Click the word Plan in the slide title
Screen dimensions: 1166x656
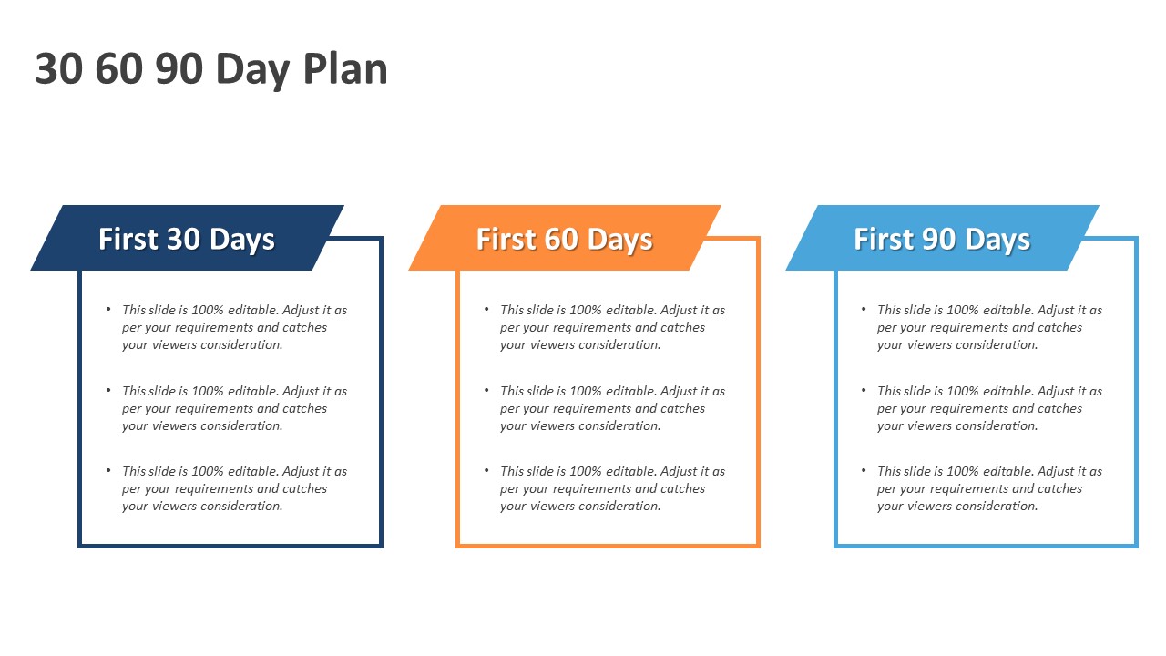point(345,68)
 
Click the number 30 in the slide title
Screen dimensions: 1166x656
point(59,68)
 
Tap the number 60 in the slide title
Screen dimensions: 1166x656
point(119,68)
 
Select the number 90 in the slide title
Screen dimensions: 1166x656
point(179,68)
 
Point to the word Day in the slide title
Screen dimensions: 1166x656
point(252,71)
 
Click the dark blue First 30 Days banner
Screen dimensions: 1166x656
point(188,238)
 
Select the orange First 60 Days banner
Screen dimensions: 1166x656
point(565,238)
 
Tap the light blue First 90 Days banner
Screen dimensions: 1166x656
point(942,238)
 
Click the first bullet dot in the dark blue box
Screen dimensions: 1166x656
point(108,309)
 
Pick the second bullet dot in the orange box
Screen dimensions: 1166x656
point(486,390)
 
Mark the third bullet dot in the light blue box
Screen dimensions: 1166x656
point(864,470)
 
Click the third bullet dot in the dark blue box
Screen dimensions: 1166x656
point(108,470)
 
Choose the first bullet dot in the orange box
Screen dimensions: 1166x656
point(486,309)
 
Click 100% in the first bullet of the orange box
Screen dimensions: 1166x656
point(586,311)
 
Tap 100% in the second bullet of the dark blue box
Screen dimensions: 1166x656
point(208,391)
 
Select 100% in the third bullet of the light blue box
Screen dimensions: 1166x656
point(963,471)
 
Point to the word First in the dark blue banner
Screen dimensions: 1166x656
point(128,239)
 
